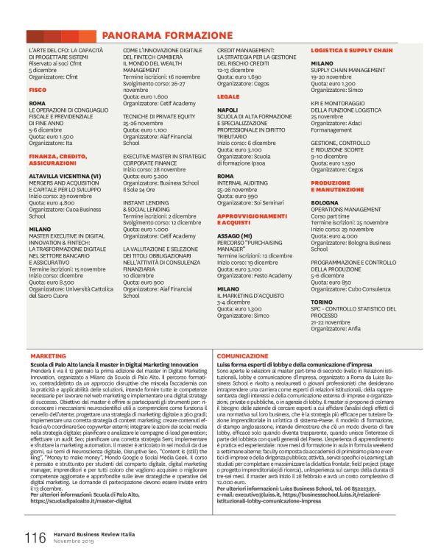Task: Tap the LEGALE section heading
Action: click(228, 96)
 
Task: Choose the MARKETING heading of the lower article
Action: click(49, 355)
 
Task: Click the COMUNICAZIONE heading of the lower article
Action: click(242, 355)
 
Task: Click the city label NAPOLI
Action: click(228, 109)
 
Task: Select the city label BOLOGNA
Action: click(325, 202)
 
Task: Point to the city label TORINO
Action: click(322, 301)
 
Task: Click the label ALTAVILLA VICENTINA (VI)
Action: click(65, 177)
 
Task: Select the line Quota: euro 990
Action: click(239, 197)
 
